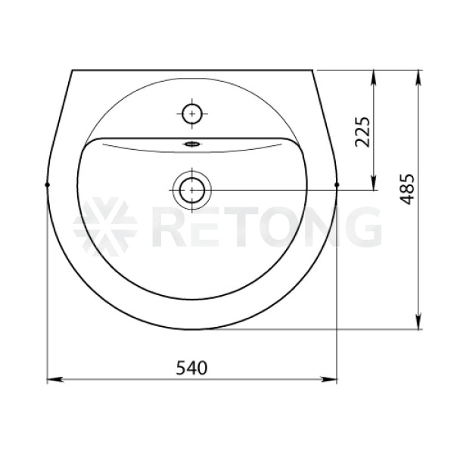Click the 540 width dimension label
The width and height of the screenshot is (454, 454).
pyautogui.click(x=192, y=368)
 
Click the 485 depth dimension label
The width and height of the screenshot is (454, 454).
pyautogui.click(x=407, y=189)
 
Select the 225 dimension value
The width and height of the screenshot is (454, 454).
pyautogui.click(x=362, y=132)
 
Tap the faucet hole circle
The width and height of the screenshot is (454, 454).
pyautogui.click(x=192, y=113)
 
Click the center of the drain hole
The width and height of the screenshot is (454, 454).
pyautogui.click(x=192, y=190)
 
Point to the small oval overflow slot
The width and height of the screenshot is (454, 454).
pyautogui.click(x=191, y=144)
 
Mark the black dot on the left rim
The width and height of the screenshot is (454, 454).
pyautogui.click(x=48, y=185)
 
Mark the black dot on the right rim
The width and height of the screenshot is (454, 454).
pyautogui.click(x=337, y=185)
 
